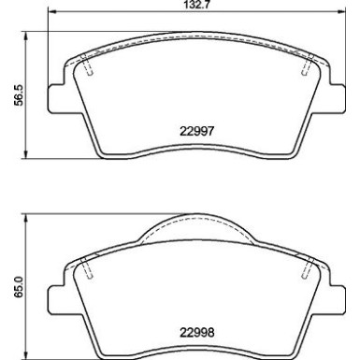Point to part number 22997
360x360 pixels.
(197, 132)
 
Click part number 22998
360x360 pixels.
(197, 331)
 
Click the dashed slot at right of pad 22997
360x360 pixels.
(307, 66)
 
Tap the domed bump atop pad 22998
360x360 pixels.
(197, 222)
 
